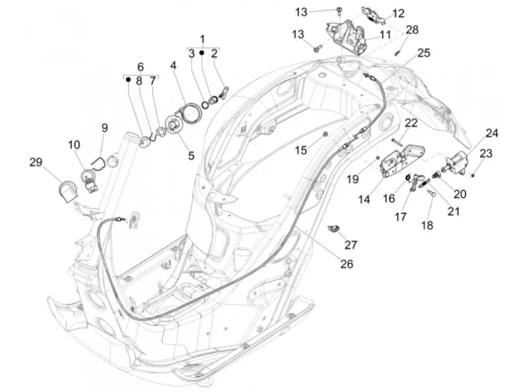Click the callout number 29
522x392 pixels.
point(36,162)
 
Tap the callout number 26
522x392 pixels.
point(346,264)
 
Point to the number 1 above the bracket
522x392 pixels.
point(202,39)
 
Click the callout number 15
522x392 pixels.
point(301,150)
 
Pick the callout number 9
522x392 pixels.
point(104,128)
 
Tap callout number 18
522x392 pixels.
point(427,225)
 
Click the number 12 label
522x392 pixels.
point(398,13)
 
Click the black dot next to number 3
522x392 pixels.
point(202,53)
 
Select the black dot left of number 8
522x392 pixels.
point(128,79)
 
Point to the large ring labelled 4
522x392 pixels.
point(190,113)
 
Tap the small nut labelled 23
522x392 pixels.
point(472,175)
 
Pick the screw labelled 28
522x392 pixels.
point(397,53)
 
